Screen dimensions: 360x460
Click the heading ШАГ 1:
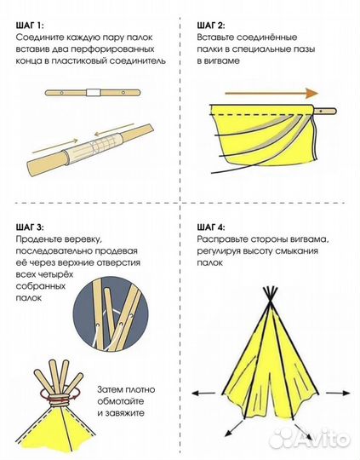pyautogui.click(x=30, y=26)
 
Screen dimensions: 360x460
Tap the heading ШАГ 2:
pyautogui.click(x=211, y=26)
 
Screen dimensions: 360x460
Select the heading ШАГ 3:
pyautogui.click(x=30, y=227)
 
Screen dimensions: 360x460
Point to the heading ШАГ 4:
pyautogui.click(x=211, y=227)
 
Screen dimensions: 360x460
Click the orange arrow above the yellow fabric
pyautogui.click(x=271, y=94)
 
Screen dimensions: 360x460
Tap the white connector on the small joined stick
pyautogui.click(x=94, y=93)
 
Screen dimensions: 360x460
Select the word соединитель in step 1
pyautogui.click(x=138, y=61)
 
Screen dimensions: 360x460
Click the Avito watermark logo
pyautogui.click(x=310, y=439)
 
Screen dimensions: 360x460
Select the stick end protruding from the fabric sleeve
pyautogui.click(x=325, y=112)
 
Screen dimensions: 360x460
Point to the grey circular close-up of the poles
pyautogui.click(x=111, y=313)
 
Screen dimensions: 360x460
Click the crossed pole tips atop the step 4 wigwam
pyautogui.click(x=270, y=296)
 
